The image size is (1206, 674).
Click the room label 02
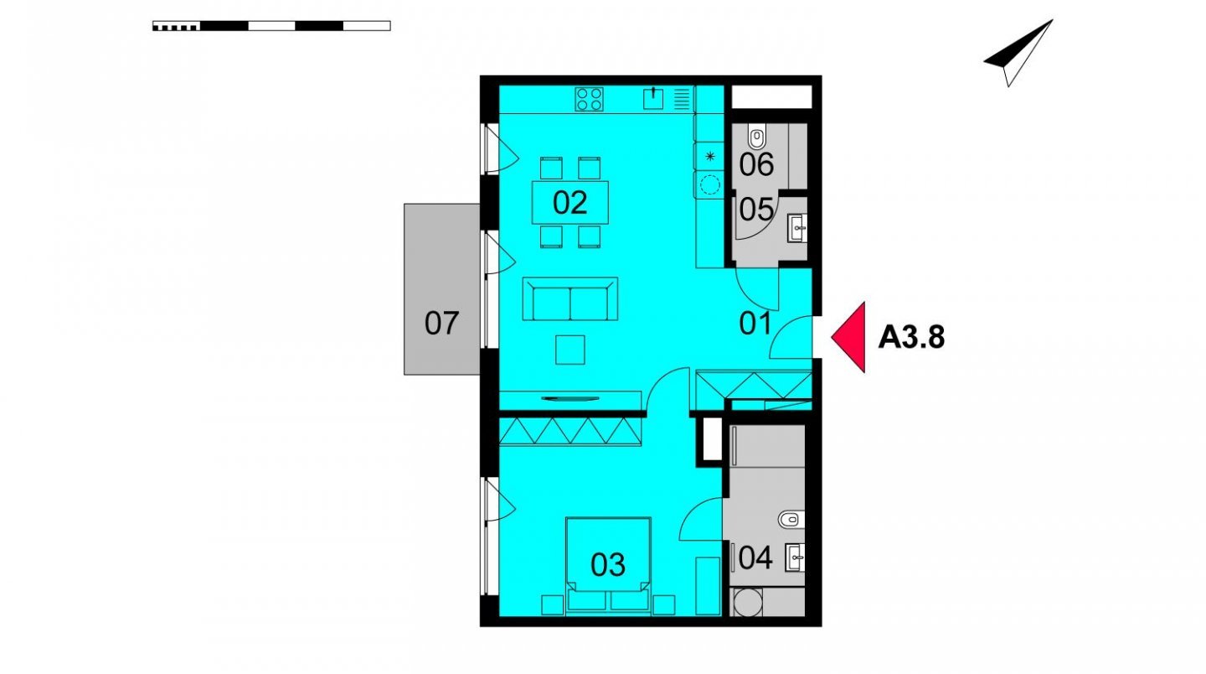(x=569, y=203)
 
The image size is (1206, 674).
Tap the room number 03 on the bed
(x=608, y=565)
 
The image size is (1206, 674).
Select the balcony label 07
(x=441, y=324)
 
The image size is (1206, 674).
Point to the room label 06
(x=756, y=164)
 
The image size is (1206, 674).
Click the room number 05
(x=756, y=209)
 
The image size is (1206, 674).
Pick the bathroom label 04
(x=756, y=557)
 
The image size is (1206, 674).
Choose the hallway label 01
(x=755, y=324)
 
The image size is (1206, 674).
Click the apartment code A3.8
(x=911, y=338)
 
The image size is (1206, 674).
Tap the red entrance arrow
(x=848, y=337)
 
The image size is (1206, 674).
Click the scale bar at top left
(x=271, y=26)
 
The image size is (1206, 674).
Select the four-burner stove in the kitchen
(x=589, y=99)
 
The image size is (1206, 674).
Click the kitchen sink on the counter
(x=653, y=98)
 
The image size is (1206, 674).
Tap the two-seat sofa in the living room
(x=570, y=299)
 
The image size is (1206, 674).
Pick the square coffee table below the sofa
(x=570, y=350)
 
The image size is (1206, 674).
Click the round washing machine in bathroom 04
(x=747, y=602)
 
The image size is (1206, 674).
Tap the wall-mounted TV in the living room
(x=569, y=399)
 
